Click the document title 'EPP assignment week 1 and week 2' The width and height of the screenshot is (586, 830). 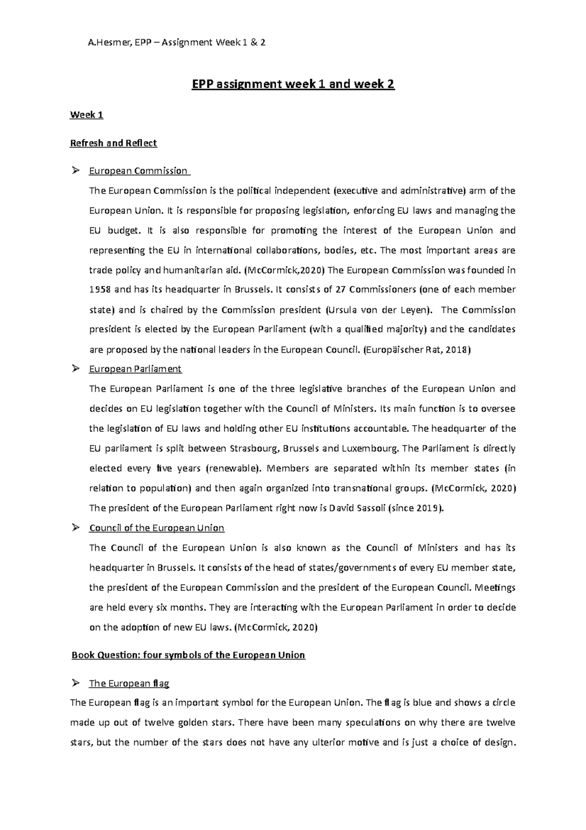[293, 85]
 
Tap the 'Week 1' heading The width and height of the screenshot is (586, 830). [86, 115]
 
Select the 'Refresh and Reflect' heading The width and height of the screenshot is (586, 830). [113, 143]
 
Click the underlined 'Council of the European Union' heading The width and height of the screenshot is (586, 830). [156, 528]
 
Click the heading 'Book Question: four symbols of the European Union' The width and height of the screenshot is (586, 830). [188, 655]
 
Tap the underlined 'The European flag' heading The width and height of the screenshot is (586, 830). [129, 683]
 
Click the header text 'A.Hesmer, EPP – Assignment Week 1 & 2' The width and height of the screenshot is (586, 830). [176, 43]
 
